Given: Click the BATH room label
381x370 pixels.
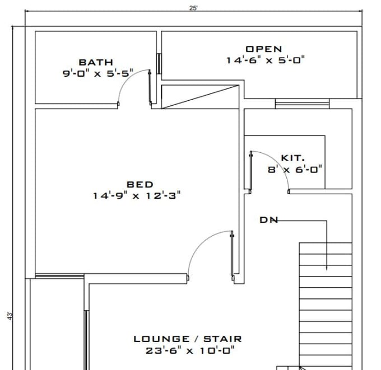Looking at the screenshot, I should (x=95, y=62).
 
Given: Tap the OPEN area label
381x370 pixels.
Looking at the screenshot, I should (x=263, y=49).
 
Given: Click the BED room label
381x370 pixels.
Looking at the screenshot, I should (x=140, y=184).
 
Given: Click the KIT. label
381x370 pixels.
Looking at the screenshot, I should (x=292, y=158).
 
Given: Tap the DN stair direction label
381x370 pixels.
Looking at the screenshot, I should (x=268, y=220).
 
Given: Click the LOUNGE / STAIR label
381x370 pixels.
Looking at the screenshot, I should (x=187, y=339).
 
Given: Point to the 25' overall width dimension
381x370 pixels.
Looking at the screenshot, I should (x=193, y=7).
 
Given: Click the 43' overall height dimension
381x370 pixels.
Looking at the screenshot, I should (x=10, y=316).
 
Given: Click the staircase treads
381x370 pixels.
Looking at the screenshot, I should (x=326, y=291).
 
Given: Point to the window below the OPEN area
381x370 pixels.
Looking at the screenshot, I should (x=302, y=104).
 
